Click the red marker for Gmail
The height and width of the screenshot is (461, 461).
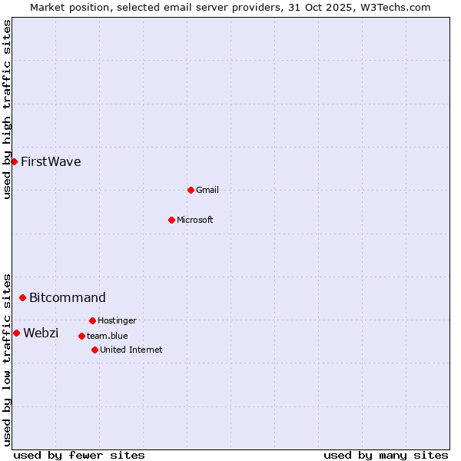191,190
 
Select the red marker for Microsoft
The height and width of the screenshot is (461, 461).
171,220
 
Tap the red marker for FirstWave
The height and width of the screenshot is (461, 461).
14,161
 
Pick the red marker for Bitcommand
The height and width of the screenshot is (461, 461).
22,297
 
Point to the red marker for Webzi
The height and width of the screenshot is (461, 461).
16,333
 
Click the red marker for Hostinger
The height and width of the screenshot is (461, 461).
92,320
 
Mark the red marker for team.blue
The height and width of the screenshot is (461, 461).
81,336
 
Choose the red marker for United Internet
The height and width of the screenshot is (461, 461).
95,350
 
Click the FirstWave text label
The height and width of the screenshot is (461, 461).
51,161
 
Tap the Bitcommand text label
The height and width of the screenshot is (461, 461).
68,297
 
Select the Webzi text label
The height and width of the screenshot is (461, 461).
41,333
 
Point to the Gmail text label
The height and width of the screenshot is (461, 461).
207,190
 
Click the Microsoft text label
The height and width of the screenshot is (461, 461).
195,220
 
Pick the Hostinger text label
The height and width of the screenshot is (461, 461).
117,320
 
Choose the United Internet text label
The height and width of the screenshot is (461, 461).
131,350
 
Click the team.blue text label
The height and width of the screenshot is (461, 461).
108,336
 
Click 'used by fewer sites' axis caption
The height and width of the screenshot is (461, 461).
79,455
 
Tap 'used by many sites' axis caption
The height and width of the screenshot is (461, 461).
386,455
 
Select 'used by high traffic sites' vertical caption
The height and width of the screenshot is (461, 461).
8,109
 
